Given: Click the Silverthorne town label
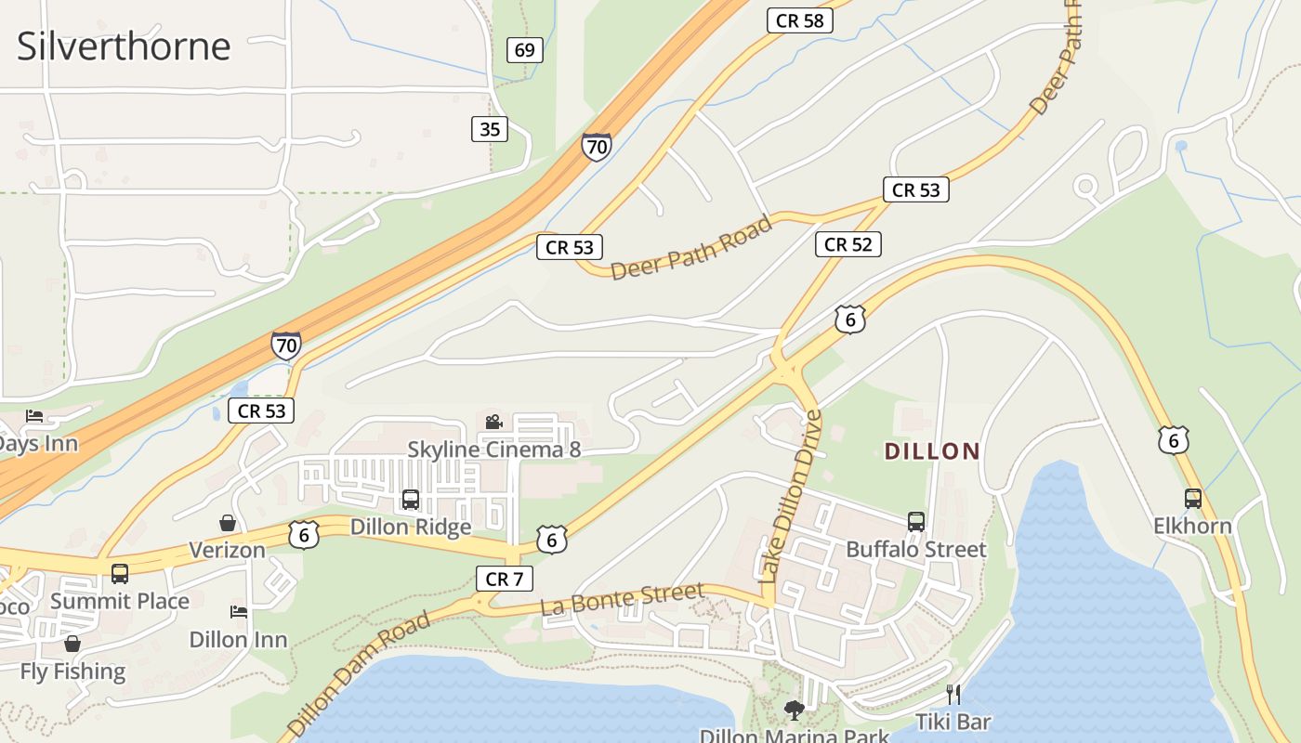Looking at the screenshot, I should tap(124, 46).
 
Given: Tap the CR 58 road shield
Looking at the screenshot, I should tap(799, 20).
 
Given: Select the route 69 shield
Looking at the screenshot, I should tap(525, 50).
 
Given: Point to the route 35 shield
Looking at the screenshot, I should tap(490, 129).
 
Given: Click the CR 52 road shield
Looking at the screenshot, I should tap(848, 244).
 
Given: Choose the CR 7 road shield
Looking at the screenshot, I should tap(505, 579).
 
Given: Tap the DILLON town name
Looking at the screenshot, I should tap(932, 452).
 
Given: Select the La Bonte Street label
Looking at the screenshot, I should tap(622, 599).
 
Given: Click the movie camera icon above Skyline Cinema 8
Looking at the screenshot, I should tap(493, 423).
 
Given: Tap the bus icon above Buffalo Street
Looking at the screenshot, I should tap(916, 522).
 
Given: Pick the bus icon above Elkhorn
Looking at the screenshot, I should tap(1193, 499).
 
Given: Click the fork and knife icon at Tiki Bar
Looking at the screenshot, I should tap(953, 694).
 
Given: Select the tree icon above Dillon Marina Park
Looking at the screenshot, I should tap(794, 710).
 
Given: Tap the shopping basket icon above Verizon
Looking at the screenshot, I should tap(228, 523).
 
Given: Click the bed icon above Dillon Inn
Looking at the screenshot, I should tap(239, 612).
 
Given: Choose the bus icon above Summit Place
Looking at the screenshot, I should tap(120, 574).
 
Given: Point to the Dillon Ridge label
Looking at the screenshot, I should tap(411, 527).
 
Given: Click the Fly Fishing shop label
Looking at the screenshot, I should tap(72, 671).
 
